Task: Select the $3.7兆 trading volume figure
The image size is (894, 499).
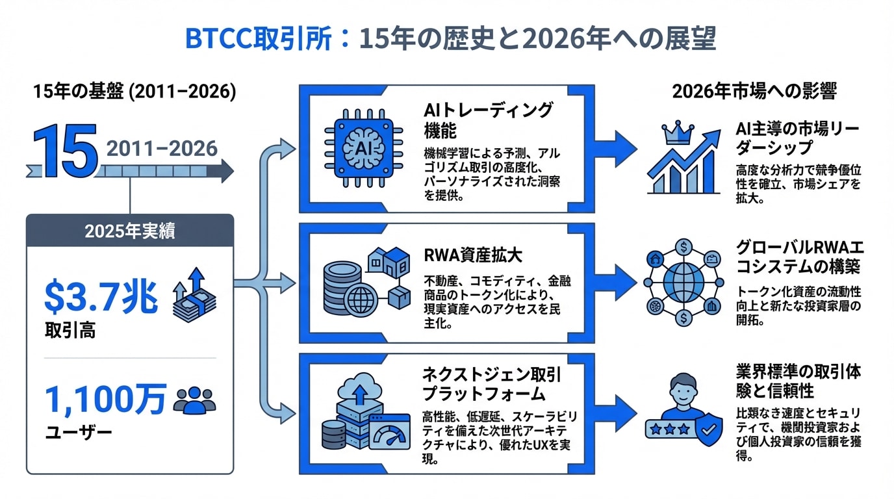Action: [x=101, y=298]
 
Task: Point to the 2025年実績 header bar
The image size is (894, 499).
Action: [x=130, y=231]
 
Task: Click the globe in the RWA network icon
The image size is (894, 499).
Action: [x=683, y=281]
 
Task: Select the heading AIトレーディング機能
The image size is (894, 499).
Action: [x=487, y=119]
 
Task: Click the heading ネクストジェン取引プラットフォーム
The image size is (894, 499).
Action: [x=492, y=384]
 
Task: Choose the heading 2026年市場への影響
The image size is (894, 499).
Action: [x=754, y=91]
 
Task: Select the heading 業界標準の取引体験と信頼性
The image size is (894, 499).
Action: [x=798, y=381]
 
